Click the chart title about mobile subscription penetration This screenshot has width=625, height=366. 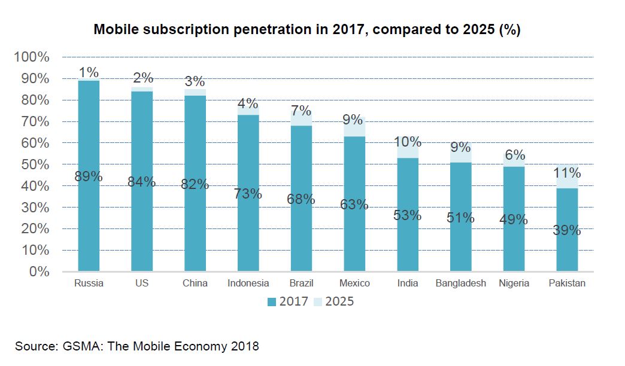pos(307,30)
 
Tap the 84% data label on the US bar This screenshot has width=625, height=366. pos(142,182)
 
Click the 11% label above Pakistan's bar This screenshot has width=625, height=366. pos(567,173)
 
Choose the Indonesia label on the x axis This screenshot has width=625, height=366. pos(248,283)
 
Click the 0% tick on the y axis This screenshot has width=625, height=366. pos(38,272)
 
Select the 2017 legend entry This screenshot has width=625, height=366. pos(288,301)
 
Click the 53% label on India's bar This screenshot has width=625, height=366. pos(408,215)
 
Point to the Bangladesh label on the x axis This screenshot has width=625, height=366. pos(461,283)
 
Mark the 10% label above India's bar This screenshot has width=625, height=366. pos(408,142)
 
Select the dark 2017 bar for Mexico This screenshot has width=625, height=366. pos(354,239)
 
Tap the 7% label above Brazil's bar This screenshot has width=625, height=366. pos(301,111)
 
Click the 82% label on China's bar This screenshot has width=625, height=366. pos(195,185)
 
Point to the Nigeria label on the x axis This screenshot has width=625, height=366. pos(514,283)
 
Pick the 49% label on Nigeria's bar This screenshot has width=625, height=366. pos(514,219)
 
